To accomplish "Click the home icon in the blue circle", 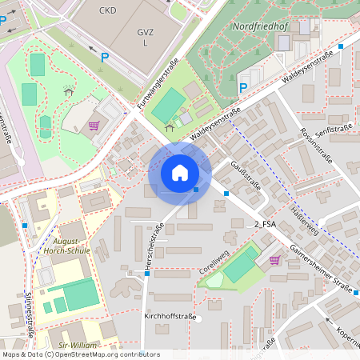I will point(180,173).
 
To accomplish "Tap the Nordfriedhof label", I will point(260,26).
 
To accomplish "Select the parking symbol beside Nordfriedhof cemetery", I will point(242,87).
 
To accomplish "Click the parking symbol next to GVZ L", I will point(104,57).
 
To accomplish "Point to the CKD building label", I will point(108,11).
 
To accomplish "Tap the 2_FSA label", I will point(265,225).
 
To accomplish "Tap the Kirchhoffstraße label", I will point(170,317).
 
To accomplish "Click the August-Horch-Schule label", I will point(70,245).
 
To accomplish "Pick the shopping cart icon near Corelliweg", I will point(275,259).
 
